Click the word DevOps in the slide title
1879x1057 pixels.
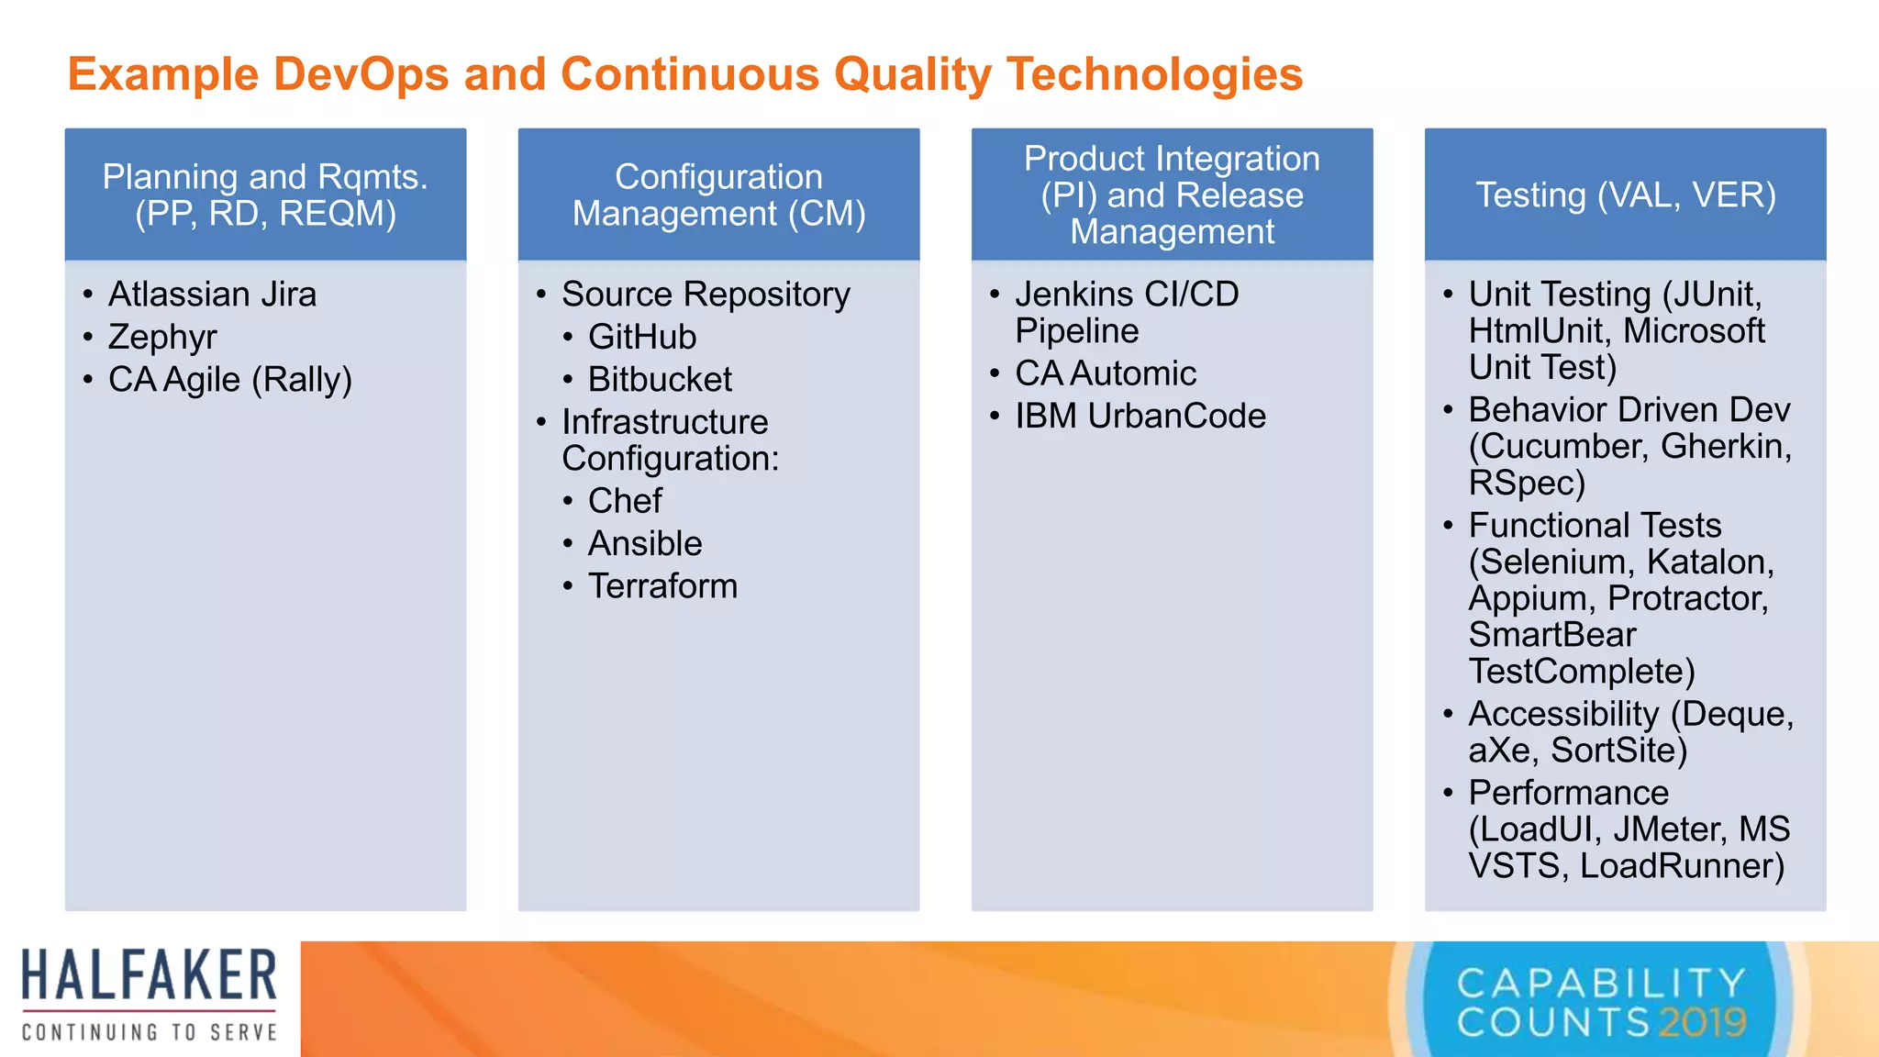pos(361,74)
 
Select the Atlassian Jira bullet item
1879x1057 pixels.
pos(212,295)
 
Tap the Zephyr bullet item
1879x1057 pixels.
pos(162,337)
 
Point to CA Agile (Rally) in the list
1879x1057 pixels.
pos(229,380)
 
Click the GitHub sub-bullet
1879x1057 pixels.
pos(642,337)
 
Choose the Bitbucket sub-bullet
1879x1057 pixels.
pos(660,380)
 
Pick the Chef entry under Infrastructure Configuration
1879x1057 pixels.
pos(625,501)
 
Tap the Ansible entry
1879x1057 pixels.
pos(645,544)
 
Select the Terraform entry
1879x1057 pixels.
pos(662,586)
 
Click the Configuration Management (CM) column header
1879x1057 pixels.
pos(718,195)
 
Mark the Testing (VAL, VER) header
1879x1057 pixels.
pos(1625,195)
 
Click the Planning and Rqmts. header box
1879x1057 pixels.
pos(265,195)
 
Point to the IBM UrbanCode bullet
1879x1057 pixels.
pos(1140,417)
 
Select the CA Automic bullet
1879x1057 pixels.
pos(1106,373)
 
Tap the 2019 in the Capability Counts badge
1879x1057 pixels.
pos(1702,1022)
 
